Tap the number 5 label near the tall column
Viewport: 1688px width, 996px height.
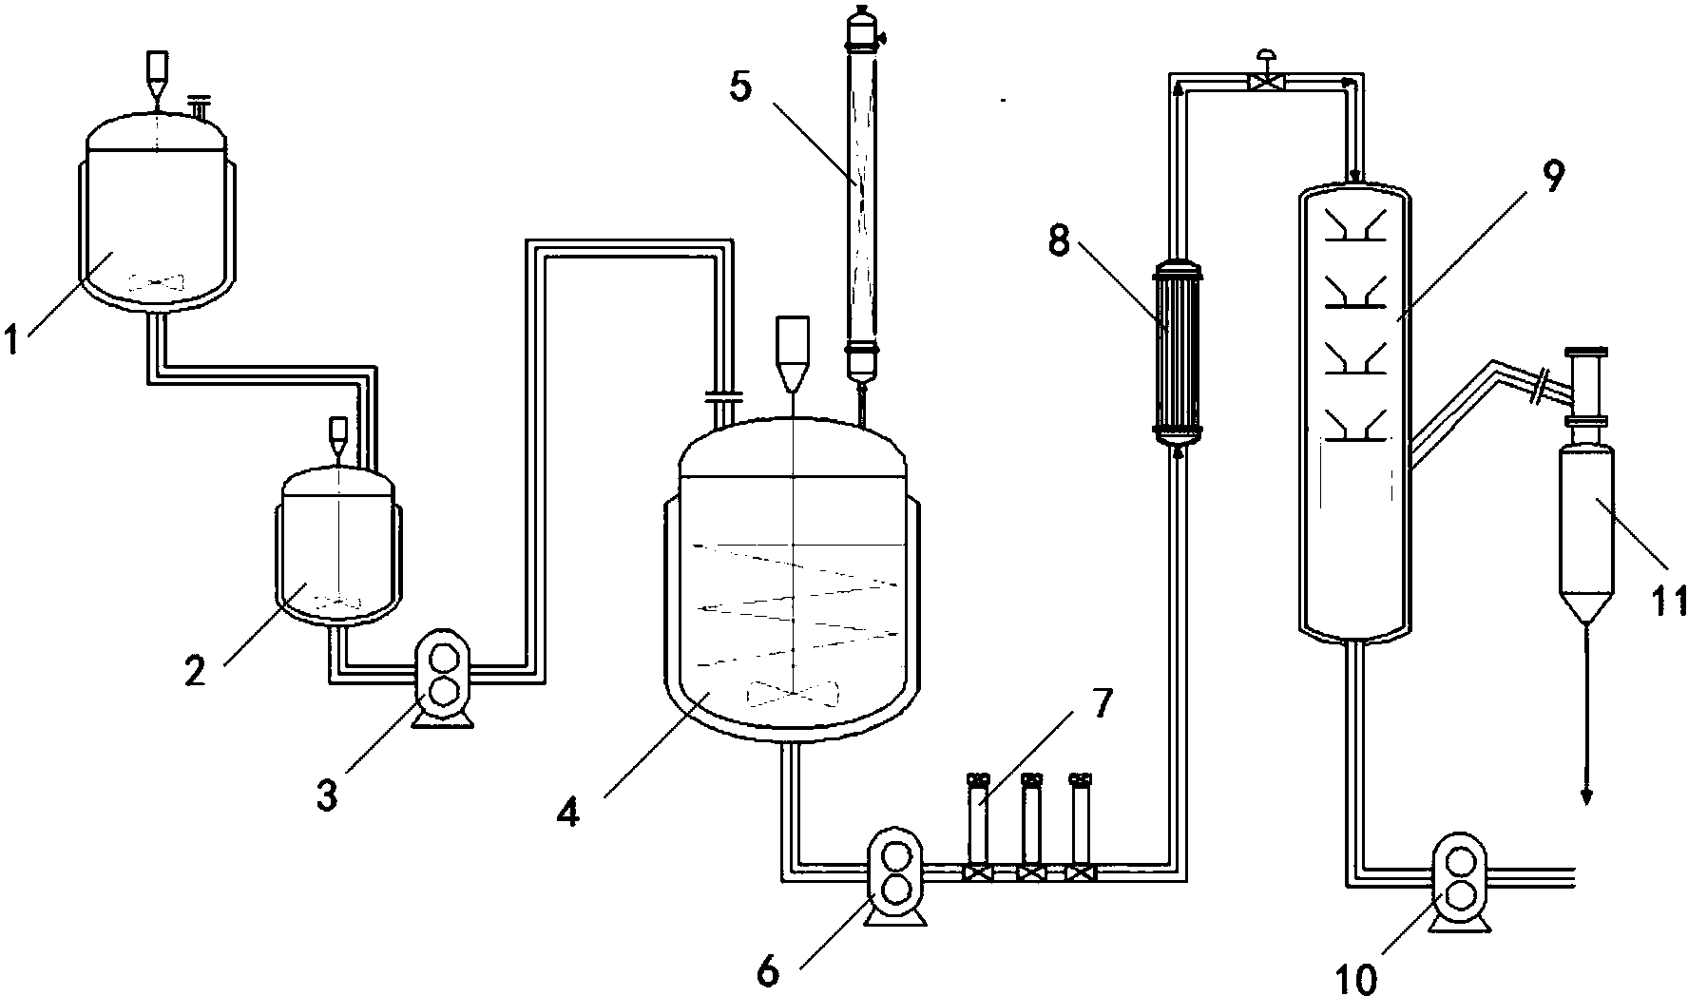pyautogui.click(x=741, y=86)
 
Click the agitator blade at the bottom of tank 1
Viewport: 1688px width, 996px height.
pyautogui.click(x=154, y=282)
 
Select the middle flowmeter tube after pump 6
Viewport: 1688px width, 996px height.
pyautogui.click(x=1031, y=819)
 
